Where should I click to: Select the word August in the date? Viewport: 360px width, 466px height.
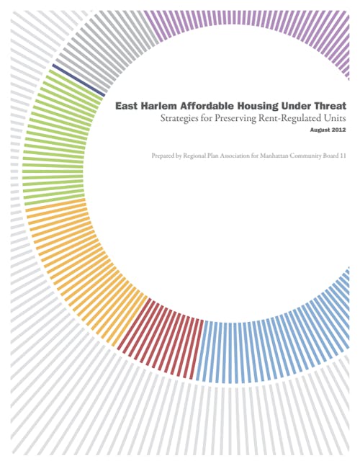click(x=319, y=130)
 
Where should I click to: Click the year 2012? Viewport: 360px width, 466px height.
click(x=338, y=130)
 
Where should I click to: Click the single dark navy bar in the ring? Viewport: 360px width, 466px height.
click(x=78, y=80)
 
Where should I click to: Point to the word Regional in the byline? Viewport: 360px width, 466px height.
click(x=194, y=156)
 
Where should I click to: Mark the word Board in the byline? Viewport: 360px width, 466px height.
click(x=330, y=156)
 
